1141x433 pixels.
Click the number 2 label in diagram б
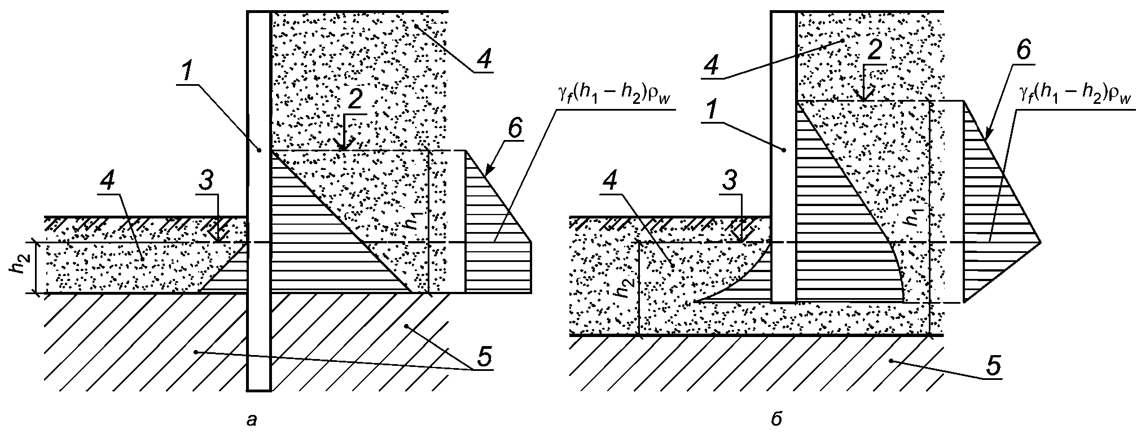tap(874, 51)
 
